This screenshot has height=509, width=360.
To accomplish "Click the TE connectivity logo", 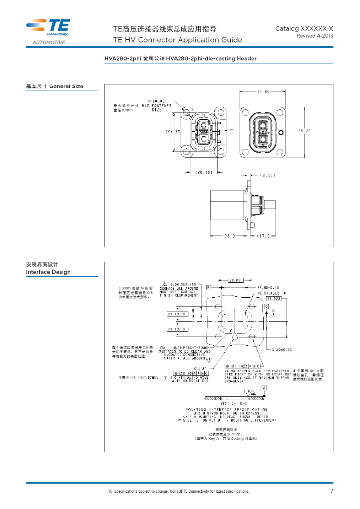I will point(48,27).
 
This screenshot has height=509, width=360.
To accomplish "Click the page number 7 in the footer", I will point(332,492).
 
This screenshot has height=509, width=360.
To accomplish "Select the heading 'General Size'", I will point(66,86).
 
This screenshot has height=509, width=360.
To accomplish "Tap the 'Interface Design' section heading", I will point(48,272).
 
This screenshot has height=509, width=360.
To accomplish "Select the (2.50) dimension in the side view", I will point(268,175).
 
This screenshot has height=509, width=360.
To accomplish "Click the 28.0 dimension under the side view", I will point(229,236).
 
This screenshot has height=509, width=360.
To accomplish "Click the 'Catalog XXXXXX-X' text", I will point(304,29).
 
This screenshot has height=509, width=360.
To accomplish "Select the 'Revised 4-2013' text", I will point(315,36).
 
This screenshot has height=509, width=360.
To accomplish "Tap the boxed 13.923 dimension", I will point(274,299).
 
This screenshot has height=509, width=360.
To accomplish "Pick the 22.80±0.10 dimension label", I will point(274,288).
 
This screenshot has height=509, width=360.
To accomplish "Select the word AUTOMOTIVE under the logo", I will point(49,43).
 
